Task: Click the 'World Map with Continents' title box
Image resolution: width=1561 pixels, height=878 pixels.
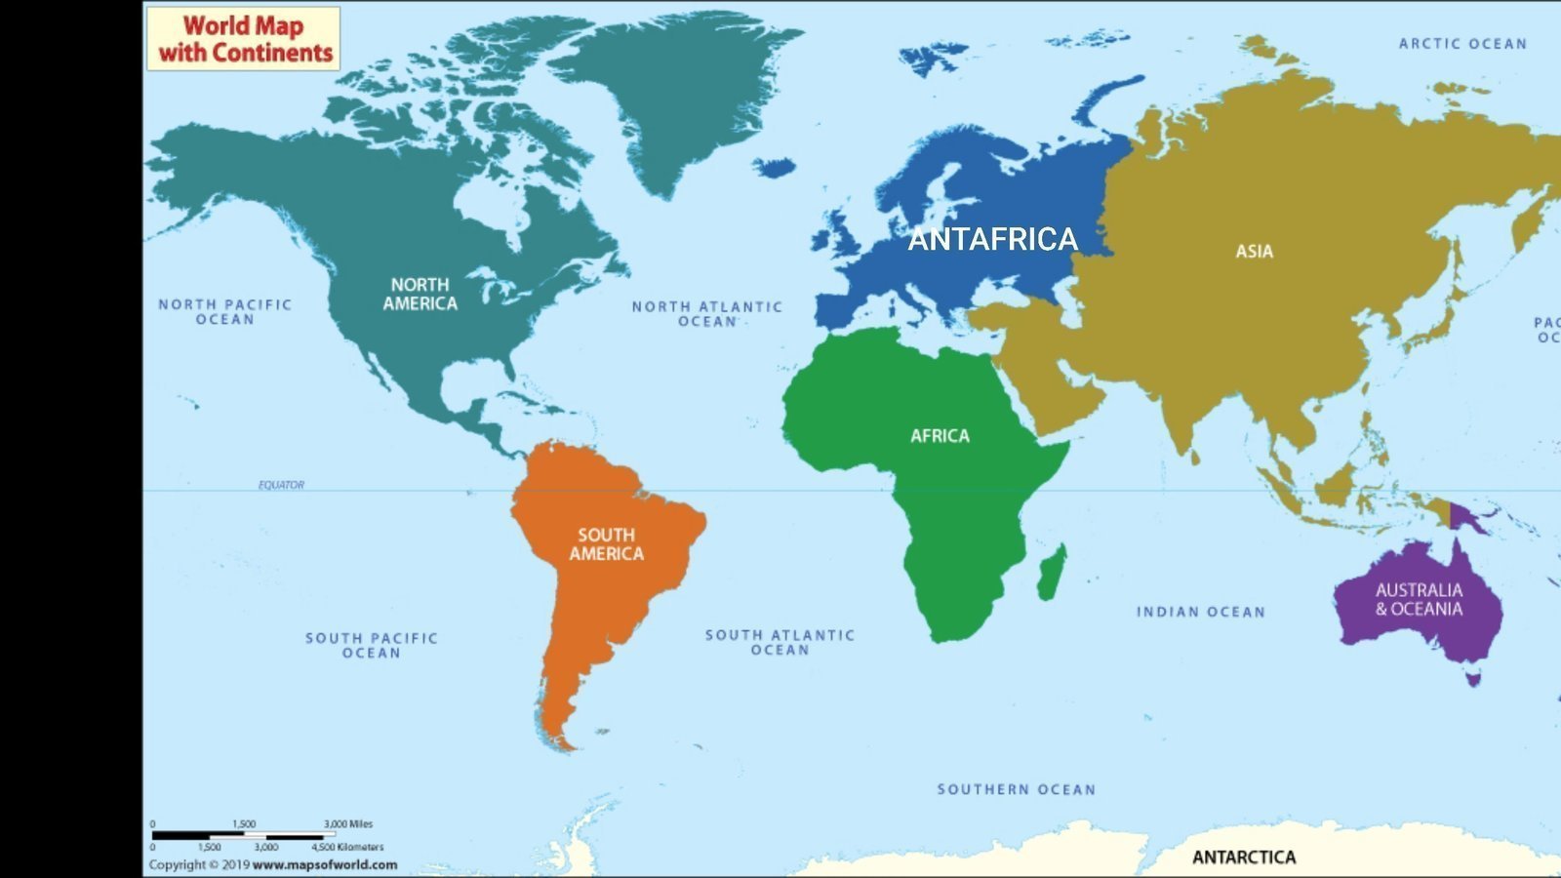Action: (x=243, y=39)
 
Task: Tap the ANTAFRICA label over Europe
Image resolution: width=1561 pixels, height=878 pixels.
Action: (x=992, y=239)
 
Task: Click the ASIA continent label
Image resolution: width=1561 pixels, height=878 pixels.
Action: (x=1254, y=252)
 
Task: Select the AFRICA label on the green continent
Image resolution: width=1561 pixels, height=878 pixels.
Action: (x=940, y=436)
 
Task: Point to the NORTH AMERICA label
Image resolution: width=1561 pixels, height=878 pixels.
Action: (x=420, y=294)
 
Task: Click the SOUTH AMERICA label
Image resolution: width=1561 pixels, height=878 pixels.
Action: (x=606, y=544)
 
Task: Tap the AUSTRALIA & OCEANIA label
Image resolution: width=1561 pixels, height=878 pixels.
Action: (x=1419, y=599)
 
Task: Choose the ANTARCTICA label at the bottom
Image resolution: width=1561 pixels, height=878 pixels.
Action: (x=1244, y=858)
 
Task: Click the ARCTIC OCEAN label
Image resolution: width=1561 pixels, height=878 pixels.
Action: (x=1461, y=44)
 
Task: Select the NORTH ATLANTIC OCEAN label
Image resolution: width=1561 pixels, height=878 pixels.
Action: (x=706, y=313)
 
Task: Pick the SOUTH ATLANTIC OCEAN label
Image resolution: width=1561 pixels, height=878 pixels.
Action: (x=780, y=642)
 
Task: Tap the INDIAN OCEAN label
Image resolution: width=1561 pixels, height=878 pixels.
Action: (x=1200, y=612)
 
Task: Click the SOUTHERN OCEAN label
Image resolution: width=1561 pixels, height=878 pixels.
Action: (x=1016, y=789)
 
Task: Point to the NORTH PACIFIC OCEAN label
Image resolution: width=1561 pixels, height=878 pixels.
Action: (x=224, y=311)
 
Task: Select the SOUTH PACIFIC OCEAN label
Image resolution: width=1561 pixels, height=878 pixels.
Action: (x=371, y=645)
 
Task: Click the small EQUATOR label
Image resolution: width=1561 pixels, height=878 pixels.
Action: (x=281, y=485)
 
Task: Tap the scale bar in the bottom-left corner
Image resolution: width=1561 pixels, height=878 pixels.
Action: (x=263, y=836)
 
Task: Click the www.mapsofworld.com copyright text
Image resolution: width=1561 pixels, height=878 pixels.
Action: (x=324, y=864)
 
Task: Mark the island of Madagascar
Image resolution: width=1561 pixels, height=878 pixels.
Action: (x=1052, y=573)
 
